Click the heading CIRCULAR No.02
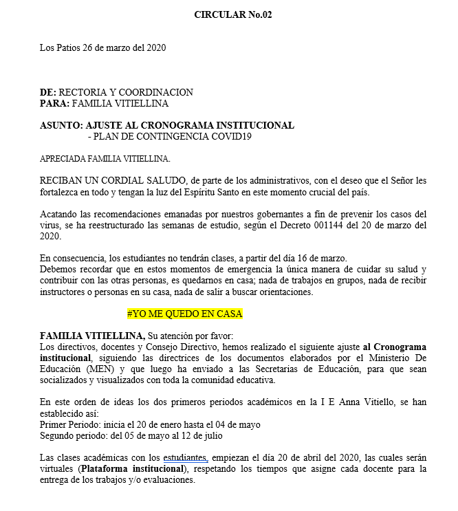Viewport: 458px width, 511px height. (233, 14)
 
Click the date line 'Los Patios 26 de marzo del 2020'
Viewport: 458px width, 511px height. (102, 48)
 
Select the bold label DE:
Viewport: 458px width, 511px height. (48, 93)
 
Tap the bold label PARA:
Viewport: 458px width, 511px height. (54, 104)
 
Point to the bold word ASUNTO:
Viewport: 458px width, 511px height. (62, 126)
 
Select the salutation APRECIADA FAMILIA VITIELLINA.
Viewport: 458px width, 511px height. (105, 160)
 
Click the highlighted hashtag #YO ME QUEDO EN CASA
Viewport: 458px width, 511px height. (185, 314)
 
